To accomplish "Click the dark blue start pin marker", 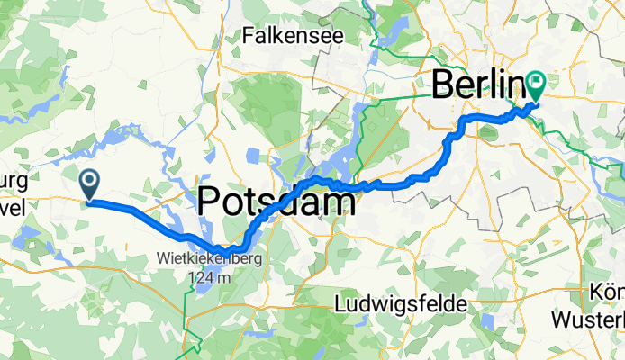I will [x=90, y=184].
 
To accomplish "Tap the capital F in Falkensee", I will [x=249, y=36].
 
